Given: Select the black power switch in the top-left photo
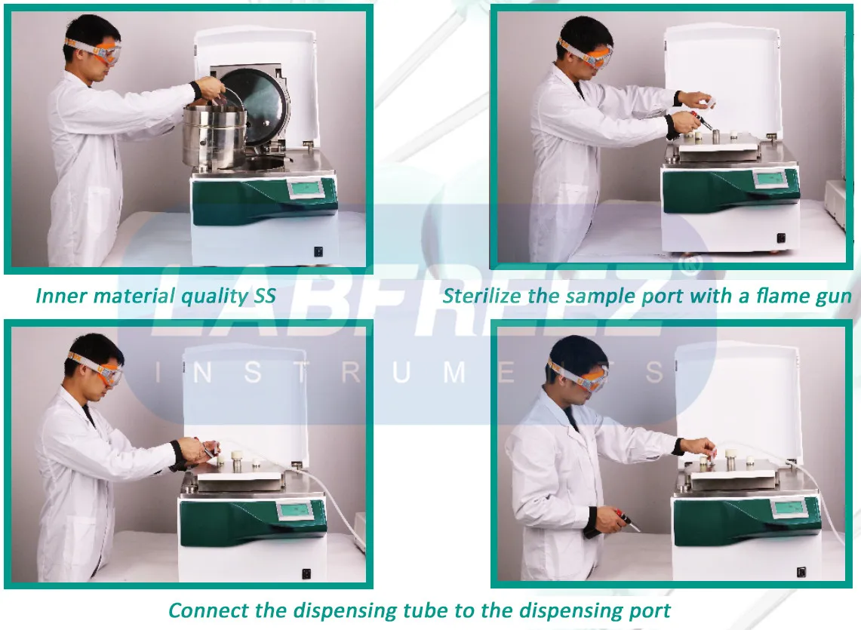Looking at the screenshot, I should [318, 251].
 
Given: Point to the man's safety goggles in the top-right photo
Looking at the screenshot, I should [587, 54].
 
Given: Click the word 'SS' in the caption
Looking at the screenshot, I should [261, 297].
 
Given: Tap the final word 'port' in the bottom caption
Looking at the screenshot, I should [650, 610].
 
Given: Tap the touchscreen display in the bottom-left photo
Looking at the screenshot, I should [296, 511].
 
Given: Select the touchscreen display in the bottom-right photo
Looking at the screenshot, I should [788, 507].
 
